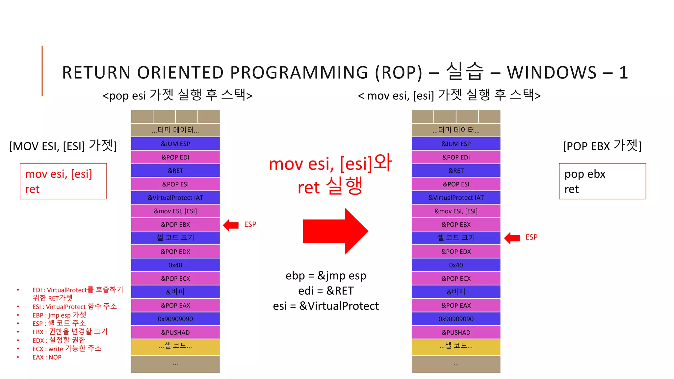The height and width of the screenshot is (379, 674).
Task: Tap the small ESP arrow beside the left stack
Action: pos(231,225)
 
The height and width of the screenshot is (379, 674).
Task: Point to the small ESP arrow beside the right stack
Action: pos(512,238)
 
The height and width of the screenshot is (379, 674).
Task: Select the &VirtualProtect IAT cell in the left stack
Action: pos(175,198)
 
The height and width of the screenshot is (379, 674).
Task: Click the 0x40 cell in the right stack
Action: pos(456,265)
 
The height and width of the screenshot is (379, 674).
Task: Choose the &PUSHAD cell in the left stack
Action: pos(175,333)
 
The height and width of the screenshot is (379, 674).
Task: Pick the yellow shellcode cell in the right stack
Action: pos(456,346)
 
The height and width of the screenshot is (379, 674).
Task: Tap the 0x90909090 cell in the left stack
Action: pos(175,319)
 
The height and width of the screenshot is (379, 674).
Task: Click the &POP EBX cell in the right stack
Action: pos(456,225)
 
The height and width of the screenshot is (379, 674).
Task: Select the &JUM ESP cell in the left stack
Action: pos(175,144)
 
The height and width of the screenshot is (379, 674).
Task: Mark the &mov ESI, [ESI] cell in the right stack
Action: pos(456,211)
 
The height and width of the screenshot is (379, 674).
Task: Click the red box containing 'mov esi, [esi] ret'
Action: pos(63,181)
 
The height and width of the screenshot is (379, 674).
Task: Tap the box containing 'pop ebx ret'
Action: pos(602,181)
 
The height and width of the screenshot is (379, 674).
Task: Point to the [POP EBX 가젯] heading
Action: pos(602,146)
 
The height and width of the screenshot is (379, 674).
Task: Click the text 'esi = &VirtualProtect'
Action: pos(326,306)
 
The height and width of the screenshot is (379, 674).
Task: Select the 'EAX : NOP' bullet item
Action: pos(47,357)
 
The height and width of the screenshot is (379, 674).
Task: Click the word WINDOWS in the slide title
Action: pos(552,73)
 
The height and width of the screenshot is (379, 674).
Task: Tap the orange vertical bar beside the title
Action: pos(42,71)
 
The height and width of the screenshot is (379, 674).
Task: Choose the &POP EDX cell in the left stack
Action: pos(175,252)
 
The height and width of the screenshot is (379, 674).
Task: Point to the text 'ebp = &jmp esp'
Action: pos(326,276)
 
